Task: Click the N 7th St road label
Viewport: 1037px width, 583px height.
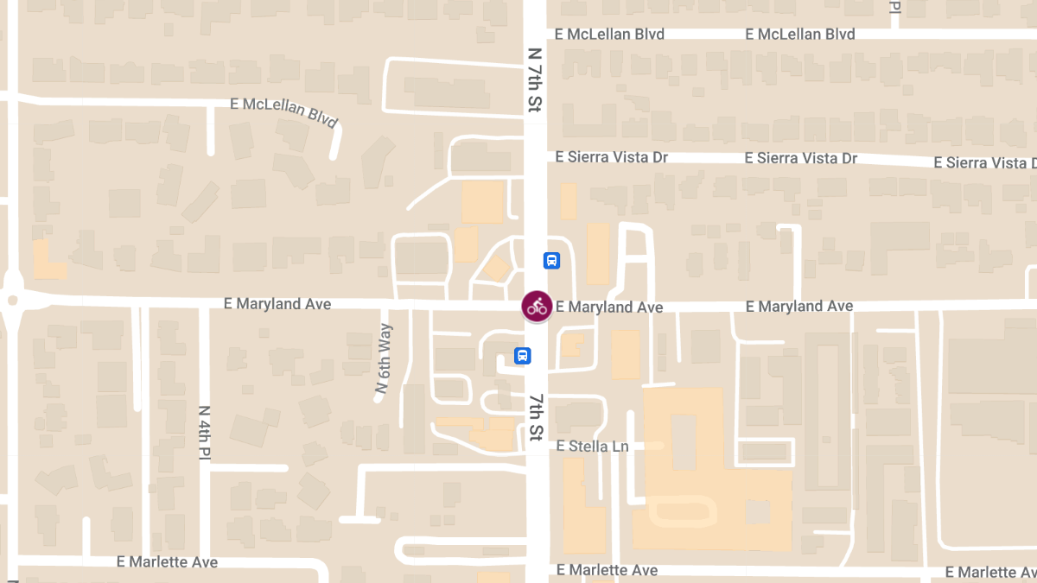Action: (535, 79)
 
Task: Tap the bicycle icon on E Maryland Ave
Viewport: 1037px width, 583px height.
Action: (537, 306)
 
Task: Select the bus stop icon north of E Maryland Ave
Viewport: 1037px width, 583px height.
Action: (551, 260)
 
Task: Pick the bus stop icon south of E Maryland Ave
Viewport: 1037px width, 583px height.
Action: (522, 355)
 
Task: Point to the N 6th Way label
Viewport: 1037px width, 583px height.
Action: (383, 359)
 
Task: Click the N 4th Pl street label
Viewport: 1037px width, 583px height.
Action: (204, 432)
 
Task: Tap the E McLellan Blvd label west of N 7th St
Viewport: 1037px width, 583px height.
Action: (283, 112)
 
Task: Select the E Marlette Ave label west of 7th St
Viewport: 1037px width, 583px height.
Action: (168, 562)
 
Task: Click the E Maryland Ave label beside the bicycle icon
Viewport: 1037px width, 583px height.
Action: (609, 307)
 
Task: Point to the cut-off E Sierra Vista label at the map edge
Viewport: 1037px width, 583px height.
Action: (985, 163)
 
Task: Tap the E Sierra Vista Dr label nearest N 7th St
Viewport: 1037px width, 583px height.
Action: (612, 157)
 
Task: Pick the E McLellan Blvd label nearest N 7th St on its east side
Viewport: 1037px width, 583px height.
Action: (610, 35)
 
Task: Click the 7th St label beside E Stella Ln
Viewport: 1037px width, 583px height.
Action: (537, 417)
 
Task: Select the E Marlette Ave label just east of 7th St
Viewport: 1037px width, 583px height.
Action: (608, 570)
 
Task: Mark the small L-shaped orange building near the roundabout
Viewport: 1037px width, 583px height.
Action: (48, 262)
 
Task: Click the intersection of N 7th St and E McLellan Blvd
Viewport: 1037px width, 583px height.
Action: (535, 35)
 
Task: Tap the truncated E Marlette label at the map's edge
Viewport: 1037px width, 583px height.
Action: (990, 573)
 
